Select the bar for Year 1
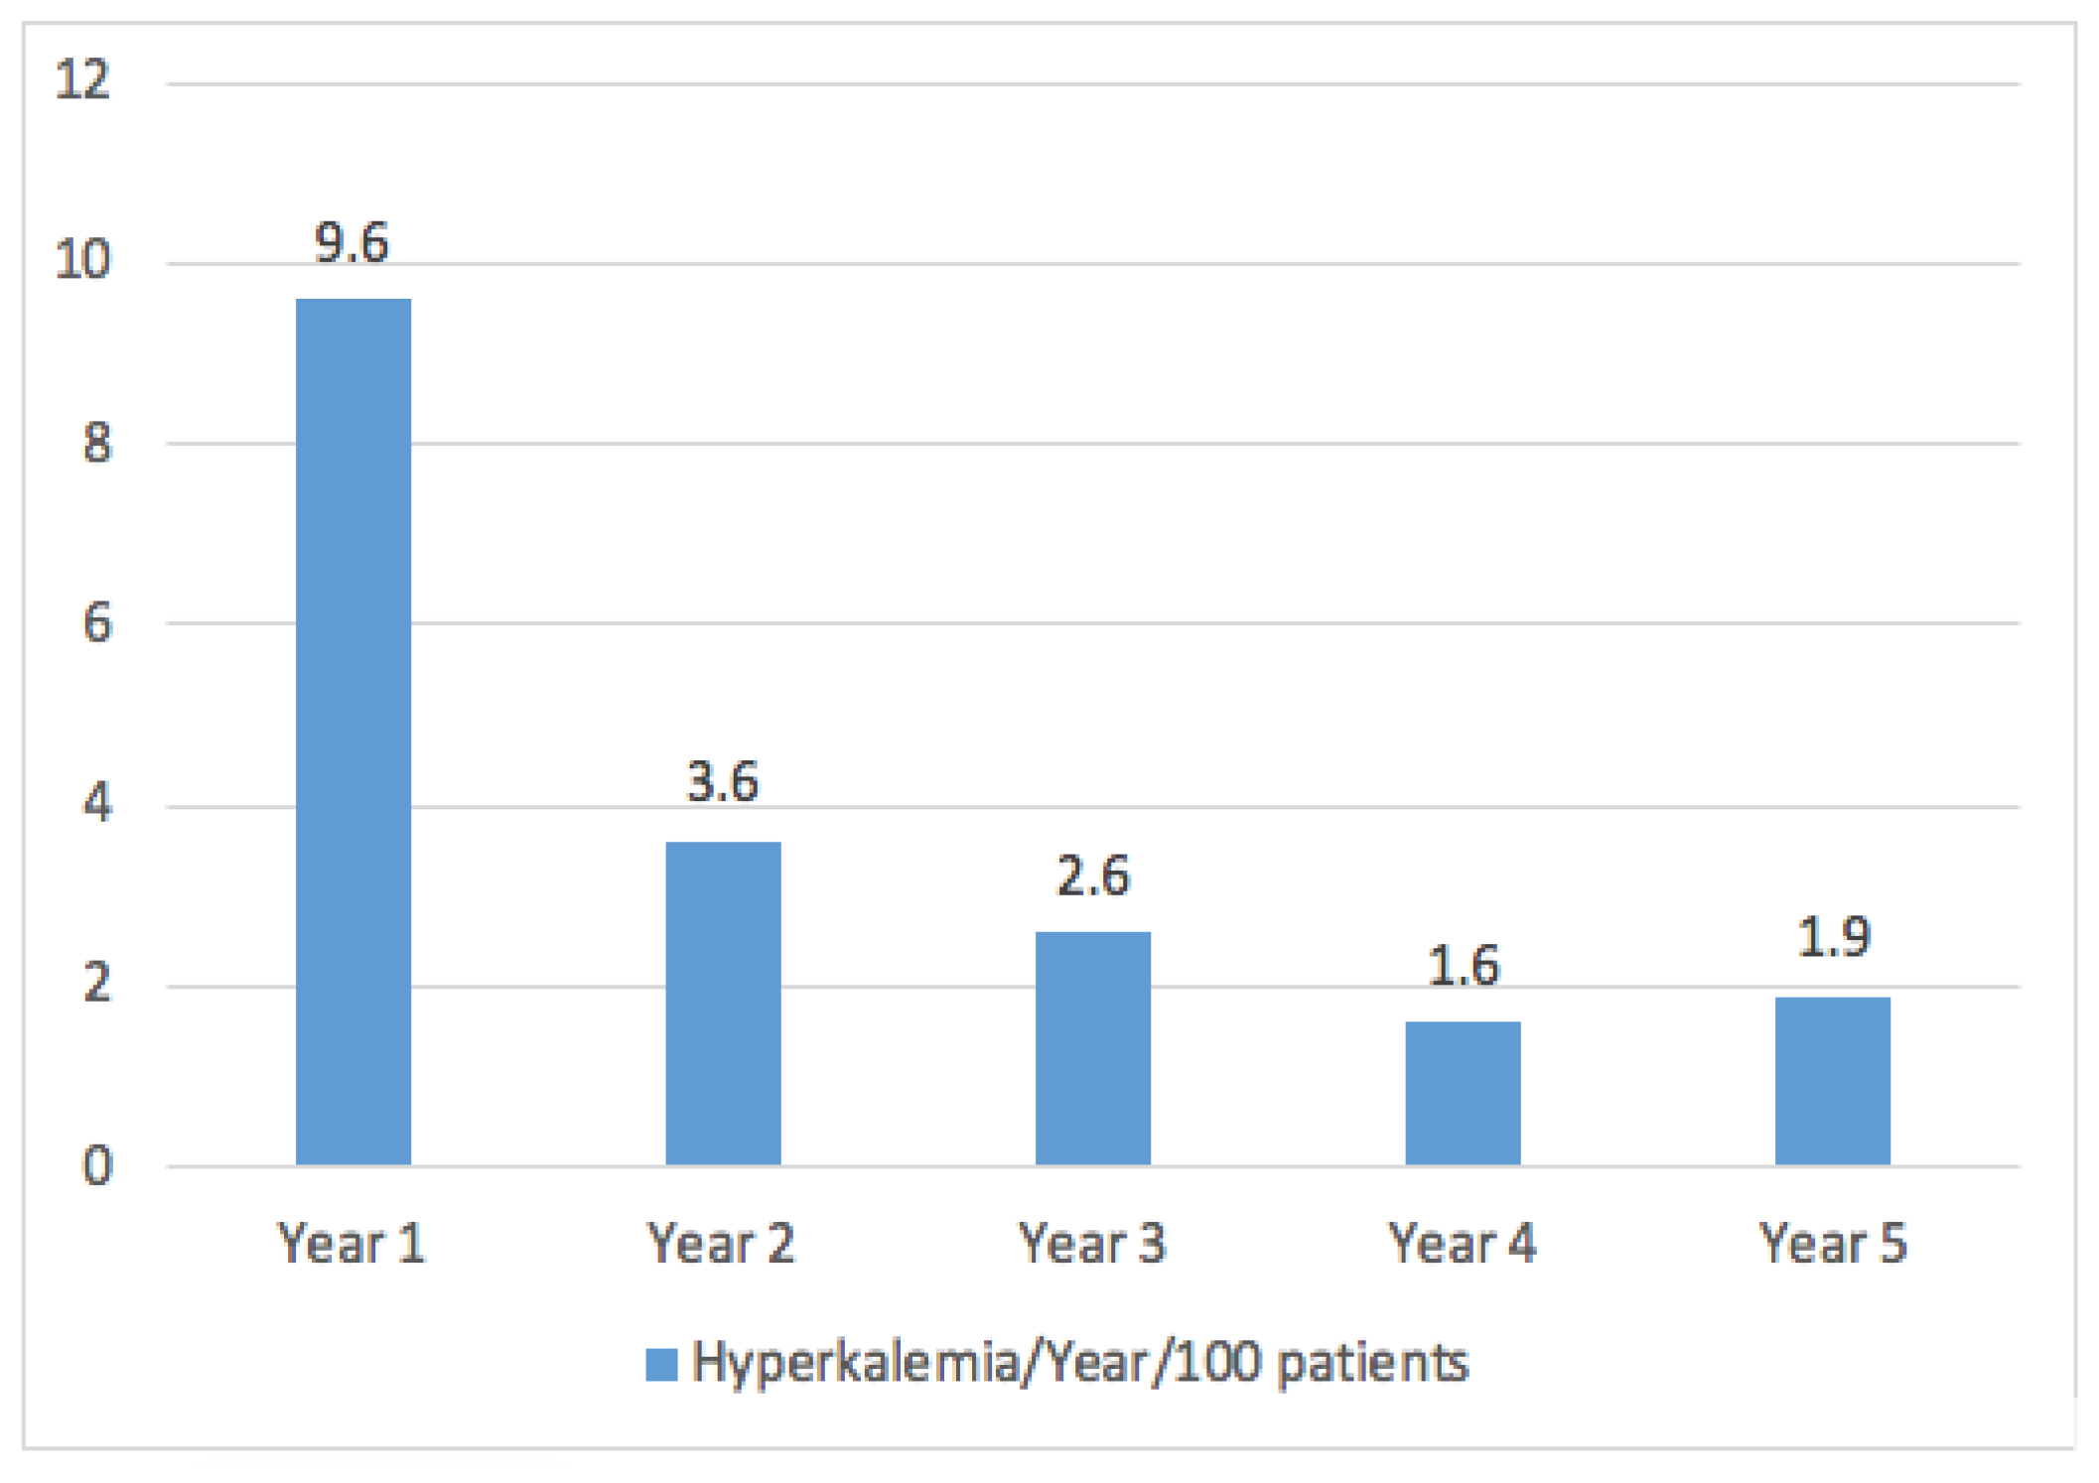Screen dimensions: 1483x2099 [353, 732]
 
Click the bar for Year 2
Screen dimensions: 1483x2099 [723, 1003]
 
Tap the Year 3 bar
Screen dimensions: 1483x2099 [1092, 1047]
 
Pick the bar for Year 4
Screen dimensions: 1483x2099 [1463, 1092]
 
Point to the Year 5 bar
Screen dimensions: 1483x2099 [1832, 1080]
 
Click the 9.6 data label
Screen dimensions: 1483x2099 [351, 243]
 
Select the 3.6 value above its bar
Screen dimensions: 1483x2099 [723, 782]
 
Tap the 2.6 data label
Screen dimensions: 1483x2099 [1092, 876]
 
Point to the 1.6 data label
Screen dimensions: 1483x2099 [1463, 966]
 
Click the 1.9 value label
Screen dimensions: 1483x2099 [1833, 937]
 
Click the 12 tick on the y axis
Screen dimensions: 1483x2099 [82, 79]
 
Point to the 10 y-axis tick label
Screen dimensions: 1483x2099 [82, 260]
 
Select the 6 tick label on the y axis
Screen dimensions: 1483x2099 [97, 623]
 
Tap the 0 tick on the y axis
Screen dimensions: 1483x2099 [97, 1165]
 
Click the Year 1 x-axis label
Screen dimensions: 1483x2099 [351, 1243]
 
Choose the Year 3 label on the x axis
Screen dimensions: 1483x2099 [1092, 1243]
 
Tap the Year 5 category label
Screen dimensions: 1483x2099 [1833, 1243]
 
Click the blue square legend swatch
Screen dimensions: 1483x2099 [661, 1364]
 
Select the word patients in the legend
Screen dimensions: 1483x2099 [1372, 1364]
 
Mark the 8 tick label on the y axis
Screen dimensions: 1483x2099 [97, 443]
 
